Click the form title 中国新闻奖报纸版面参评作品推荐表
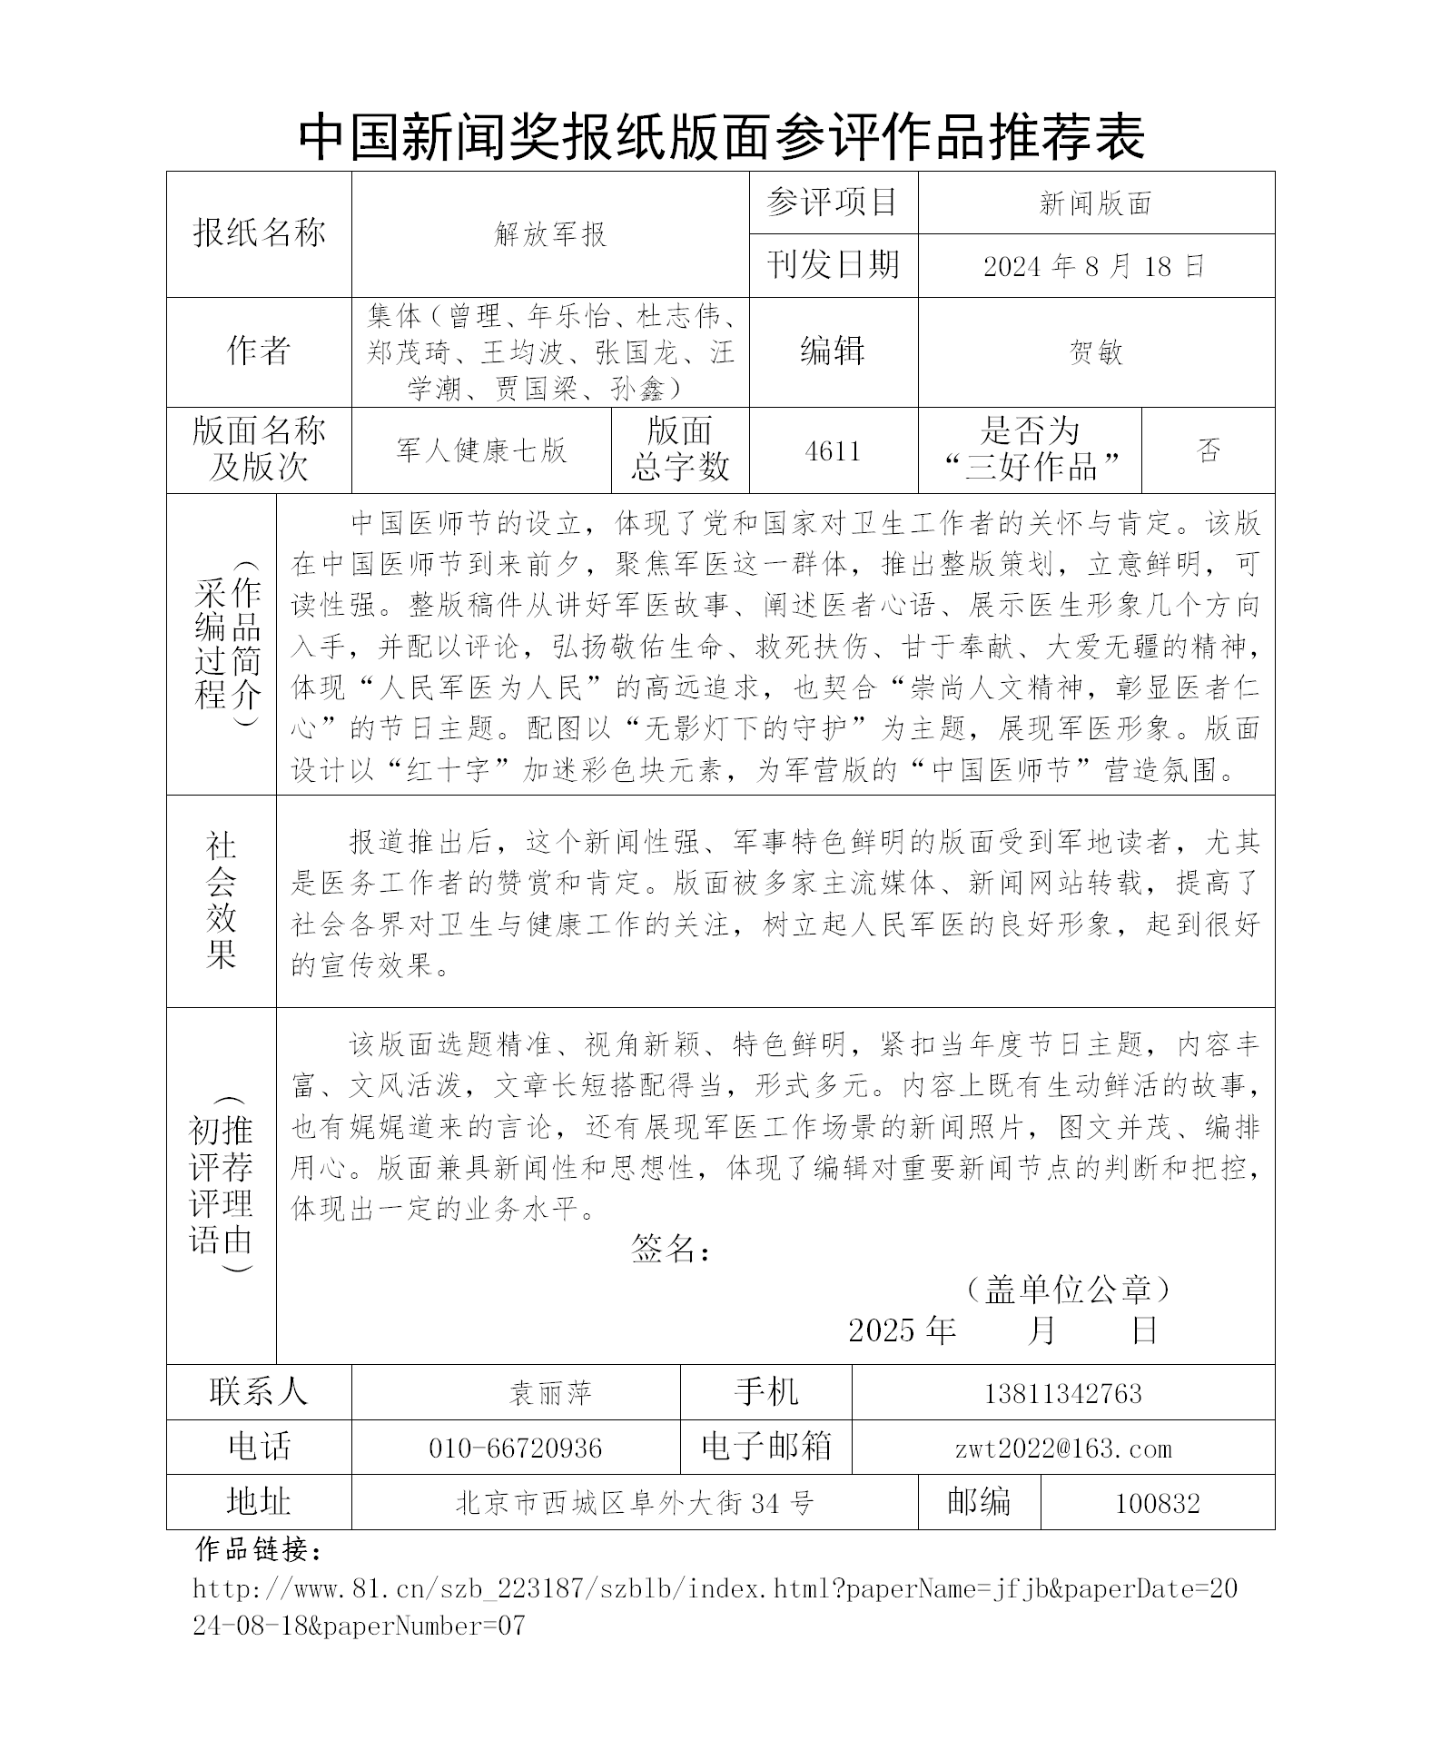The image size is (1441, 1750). click(721, 137)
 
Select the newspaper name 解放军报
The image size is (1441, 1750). click(550, 235)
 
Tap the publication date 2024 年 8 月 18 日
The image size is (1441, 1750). click(1095, 266)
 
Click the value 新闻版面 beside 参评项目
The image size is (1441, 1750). click(1096, 203)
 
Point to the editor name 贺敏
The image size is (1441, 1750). click(1096, 352)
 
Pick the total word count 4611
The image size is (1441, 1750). click(833, 451)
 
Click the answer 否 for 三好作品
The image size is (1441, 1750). click(1209, 450)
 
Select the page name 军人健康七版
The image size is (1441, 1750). click(481, 450)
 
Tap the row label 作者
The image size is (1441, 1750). click(259, 351)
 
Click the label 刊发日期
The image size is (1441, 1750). click(833, 265)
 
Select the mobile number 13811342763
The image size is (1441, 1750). click(1062, 1393)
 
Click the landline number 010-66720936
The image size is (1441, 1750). click(515, 1448)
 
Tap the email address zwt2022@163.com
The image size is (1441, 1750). click(1063, 1448)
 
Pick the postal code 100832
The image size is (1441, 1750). click(1157, 1504)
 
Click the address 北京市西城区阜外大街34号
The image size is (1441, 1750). click(634, 1504)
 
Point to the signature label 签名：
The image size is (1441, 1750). click(671, 1251)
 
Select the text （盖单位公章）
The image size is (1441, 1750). click(1068, 1289)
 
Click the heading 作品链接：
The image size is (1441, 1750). click(259, 1550)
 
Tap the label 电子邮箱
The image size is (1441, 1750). click(766, 1447)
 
